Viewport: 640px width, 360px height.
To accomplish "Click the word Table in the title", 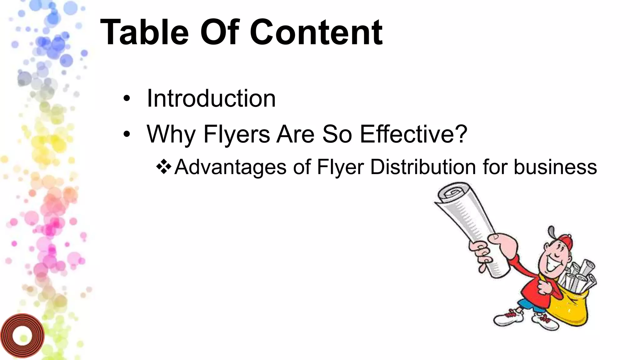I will coord(145,32).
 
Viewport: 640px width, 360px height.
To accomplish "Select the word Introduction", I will coord(211,98).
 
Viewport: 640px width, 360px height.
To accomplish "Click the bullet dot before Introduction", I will coord(126,99).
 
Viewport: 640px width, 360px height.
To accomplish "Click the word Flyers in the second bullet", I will coord(237,134).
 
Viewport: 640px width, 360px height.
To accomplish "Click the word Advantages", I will coord(230,167).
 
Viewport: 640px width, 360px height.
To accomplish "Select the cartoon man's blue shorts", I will coord(528,305).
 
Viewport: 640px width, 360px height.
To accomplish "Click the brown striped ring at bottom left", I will coord(22,336).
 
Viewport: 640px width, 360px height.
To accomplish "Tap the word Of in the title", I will coord(219,32).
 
